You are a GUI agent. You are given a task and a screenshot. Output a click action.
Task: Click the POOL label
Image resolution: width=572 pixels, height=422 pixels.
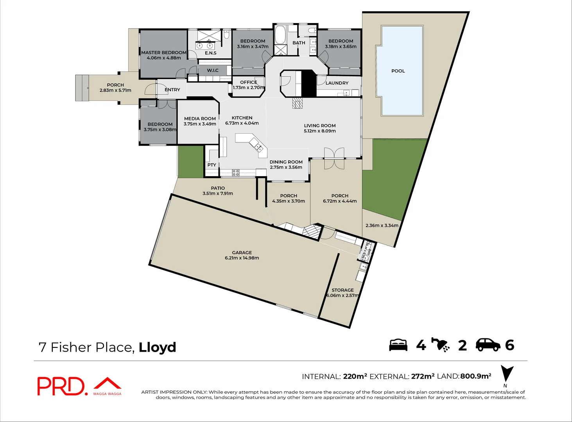tap(398, 71)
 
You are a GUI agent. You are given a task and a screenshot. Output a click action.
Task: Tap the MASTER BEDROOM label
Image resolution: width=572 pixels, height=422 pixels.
tap(164, 52)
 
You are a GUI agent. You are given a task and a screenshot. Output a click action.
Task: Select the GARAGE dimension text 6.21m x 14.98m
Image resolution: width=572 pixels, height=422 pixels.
tap(242, 258)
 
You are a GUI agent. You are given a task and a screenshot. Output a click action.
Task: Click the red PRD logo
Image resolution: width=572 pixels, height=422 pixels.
tap(61, 386)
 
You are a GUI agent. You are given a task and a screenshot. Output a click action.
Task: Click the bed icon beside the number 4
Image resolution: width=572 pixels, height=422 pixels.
tap(398, 345)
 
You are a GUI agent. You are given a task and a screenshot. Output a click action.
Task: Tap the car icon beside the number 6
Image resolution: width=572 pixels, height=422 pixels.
tap(488, 345)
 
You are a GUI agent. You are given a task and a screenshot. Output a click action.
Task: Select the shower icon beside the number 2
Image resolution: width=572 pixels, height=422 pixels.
tap(441, 345)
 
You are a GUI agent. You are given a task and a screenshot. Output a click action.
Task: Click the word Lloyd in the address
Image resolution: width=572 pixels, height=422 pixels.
tap(157, 347)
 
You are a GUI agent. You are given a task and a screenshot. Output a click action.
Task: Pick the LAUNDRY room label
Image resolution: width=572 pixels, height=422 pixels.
tap(337, 83)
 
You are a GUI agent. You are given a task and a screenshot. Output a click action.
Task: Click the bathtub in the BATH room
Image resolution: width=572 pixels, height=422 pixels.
tap(280, 35)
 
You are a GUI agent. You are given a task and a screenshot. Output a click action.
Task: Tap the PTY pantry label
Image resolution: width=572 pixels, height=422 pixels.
tap(212, 165)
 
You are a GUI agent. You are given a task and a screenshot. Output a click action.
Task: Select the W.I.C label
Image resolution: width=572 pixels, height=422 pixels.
tap(213, 70)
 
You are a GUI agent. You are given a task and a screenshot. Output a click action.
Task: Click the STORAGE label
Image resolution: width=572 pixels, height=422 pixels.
tap(342, 290)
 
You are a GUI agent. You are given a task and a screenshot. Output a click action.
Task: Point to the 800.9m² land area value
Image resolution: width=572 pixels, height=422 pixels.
tap(475, 376)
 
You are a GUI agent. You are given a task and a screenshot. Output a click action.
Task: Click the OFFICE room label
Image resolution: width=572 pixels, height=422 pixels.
tap(249, 82)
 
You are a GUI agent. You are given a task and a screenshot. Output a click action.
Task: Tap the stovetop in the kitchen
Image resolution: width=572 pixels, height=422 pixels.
tap(236, 172)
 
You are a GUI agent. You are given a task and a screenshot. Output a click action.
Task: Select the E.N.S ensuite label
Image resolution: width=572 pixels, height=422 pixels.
tap(210, 53)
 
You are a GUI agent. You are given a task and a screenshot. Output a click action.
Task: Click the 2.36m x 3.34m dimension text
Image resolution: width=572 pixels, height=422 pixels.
tap(382, 225)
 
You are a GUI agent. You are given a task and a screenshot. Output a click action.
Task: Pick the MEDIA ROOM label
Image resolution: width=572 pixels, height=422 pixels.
tap(200, 118)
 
